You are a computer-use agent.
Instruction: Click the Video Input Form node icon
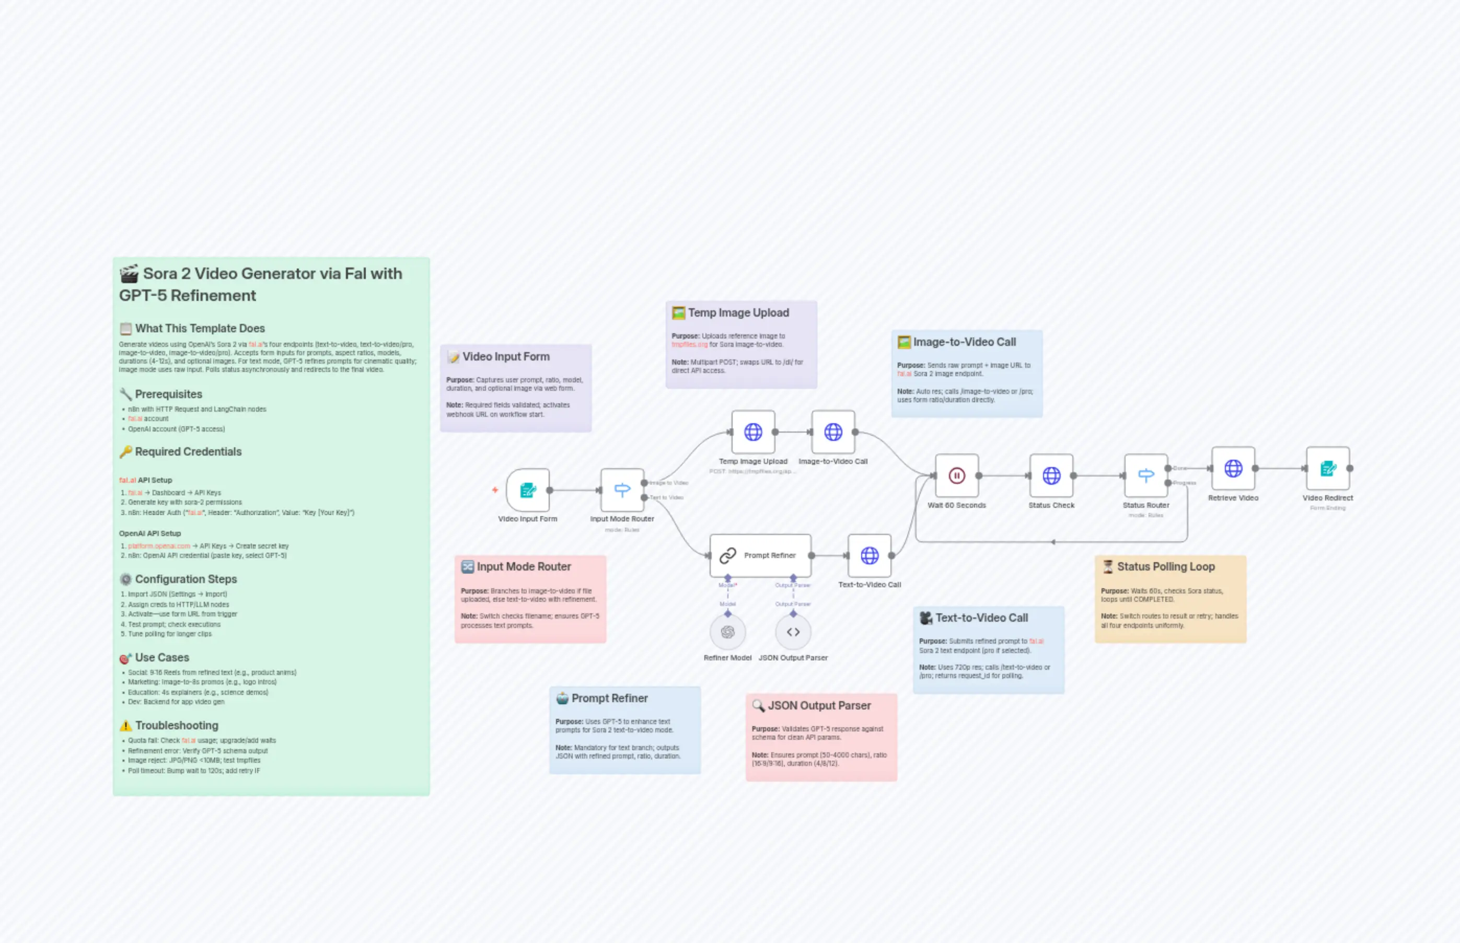(527, 490)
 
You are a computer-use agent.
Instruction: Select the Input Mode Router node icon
(622, 490)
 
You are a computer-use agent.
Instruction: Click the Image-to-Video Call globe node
(833, 432)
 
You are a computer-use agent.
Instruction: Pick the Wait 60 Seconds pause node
(957, 475)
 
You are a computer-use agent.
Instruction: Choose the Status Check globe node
(1051, 475)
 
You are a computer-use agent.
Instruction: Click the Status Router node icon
(1145, 475)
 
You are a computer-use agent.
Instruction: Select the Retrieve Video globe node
(1233, 469)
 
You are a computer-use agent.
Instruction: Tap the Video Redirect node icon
(1327, 469)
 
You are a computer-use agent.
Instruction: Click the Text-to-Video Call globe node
(869, 555)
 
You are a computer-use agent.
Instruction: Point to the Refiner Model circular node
(727, 632)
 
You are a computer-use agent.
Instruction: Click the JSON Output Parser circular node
(793, 632)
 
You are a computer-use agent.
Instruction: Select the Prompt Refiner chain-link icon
(727, 555)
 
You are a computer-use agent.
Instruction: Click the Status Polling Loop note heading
(1165, 566)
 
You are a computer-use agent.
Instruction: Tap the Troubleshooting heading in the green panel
(177, 725)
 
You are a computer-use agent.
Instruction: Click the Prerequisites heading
(168, 394)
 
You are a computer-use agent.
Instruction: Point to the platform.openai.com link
(159, 545)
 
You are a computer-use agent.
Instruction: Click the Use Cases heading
(161, 657)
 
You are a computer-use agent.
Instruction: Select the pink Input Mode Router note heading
(524, 566)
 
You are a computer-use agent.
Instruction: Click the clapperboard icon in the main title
(129, 274)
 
